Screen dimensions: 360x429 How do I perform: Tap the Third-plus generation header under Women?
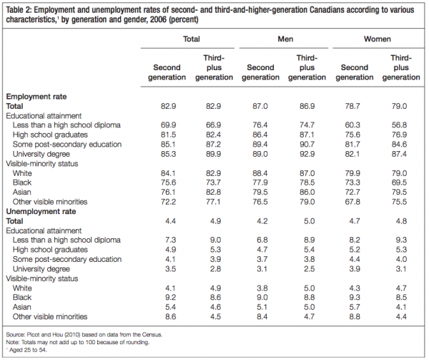[404, 67]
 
